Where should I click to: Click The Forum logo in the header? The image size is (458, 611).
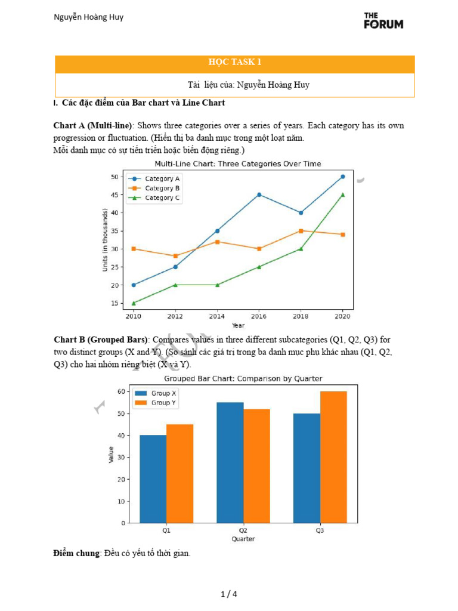coord(383,20)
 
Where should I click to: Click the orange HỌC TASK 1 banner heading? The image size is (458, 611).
coord(235,62)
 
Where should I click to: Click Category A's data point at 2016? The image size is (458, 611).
coord(259,195)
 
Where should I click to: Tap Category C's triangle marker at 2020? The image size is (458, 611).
coord(342,195)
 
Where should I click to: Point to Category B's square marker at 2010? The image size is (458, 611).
coord(134,249)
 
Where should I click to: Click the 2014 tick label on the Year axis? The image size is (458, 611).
coord(217,316)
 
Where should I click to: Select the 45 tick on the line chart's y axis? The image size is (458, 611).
coord(114,195)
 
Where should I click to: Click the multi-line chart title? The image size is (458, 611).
coord(238,163)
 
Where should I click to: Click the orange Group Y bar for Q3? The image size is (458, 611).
coord(333,457)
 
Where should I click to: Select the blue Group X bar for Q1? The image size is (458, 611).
coord(153,479)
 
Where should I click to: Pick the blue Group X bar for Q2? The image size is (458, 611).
coord(230,462)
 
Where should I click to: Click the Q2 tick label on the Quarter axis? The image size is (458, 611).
coord(243,529)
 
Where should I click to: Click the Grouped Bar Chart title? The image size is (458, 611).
coord(243,378)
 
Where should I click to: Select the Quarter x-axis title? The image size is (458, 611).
coord(243,539)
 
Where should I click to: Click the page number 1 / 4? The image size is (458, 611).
coord(229,594)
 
